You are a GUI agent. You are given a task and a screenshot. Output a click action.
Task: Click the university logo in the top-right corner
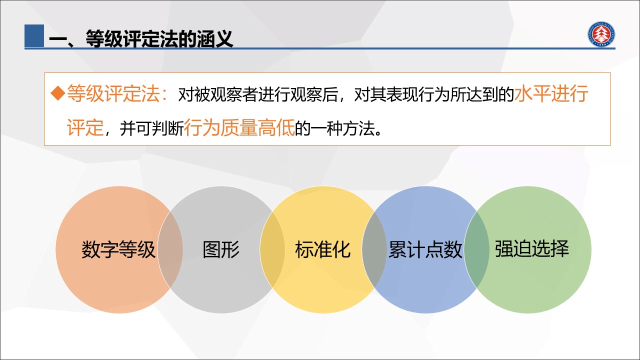(x=601, y=34)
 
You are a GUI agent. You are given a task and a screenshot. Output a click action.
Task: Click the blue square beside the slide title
(x=34, y=35)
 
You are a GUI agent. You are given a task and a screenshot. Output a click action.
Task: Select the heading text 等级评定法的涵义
(x=159, y=39)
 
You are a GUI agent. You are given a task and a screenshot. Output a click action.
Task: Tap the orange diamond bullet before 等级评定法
(x=58, y=93)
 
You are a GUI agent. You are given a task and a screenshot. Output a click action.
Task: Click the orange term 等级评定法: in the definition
(x=117, y=93)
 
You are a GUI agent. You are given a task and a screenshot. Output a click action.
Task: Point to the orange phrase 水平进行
(x=551, y=93)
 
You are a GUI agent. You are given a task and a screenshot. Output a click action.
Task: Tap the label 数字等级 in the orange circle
(x=118, y=249)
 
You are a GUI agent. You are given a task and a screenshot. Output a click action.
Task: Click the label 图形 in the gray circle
(x=221, y=249)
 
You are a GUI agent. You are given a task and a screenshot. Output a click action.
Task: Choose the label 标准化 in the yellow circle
(x=323, y=249)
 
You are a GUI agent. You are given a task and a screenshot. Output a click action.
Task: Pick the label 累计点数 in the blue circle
(x=425, y=249)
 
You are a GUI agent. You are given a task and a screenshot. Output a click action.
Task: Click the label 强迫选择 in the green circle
(x=532, y=248)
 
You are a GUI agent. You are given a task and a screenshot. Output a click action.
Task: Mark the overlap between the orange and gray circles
(x=170, y=249)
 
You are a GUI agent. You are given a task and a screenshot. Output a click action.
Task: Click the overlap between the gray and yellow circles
(x=272, y=249)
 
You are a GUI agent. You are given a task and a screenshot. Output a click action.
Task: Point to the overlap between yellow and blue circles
(x=374, y=249)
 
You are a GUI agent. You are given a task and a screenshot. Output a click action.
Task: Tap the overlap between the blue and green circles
(x=476, y=249)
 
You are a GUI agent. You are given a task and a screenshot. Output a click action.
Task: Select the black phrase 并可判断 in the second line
(x=151, y=128)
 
